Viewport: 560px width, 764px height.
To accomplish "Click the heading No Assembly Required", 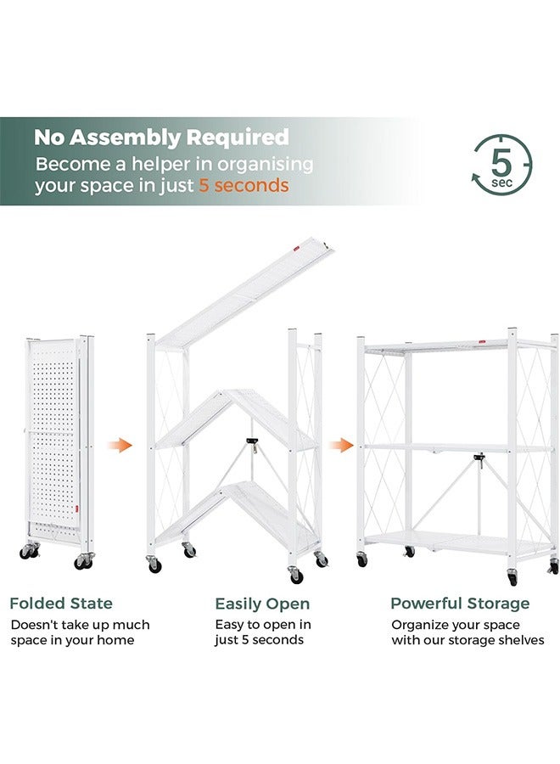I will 161,137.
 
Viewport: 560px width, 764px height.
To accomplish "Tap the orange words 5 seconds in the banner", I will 244,186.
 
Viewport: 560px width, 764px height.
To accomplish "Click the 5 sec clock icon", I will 501,163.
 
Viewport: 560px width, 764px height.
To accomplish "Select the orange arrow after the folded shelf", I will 124,445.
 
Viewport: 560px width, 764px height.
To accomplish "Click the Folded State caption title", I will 61,604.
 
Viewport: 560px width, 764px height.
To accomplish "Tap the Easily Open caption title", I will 262,604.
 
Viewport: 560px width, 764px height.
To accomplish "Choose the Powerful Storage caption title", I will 460,604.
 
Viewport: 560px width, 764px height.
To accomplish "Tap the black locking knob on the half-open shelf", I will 251,442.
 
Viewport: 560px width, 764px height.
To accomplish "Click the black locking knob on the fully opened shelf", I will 479,459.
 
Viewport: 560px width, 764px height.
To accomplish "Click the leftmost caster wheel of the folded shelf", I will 27,553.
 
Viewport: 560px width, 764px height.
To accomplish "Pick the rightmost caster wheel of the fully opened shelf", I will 554,566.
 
